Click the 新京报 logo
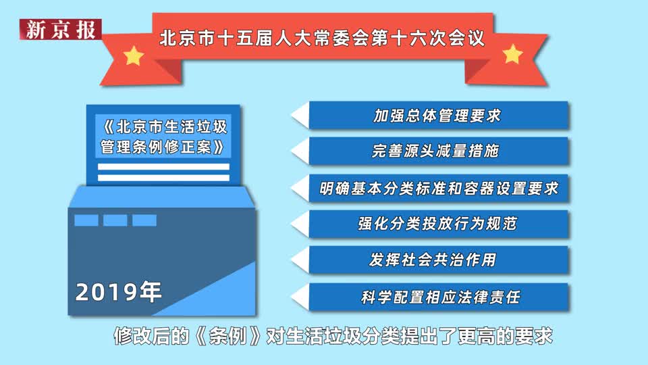pos(60,29)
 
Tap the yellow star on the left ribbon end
pos(134,55)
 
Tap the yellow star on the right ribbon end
pos(512,54)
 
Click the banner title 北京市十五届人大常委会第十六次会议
pos(322,39)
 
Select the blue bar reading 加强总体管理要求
pos(439,116)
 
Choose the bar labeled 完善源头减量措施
pos(439,151)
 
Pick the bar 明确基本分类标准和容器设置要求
pos(439,189)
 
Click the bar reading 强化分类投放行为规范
pos(439,224)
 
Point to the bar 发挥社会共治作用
pos(439,260)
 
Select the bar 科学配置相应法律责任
pos(439,297)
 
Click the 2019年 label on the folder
pos(118,292)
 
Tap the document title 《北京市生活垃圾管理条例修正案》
pos(163,137)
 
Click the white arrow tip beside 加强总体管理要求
pos(292,116)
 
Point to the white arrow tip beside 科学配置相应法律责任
pos(292,297)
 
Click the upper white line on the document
pos(163,167)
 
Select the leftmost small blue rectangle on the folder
pos(86,220)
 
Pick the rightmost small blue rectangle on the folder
pos(144,220)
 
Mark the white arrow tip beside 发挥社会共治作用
pos(292,260)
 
